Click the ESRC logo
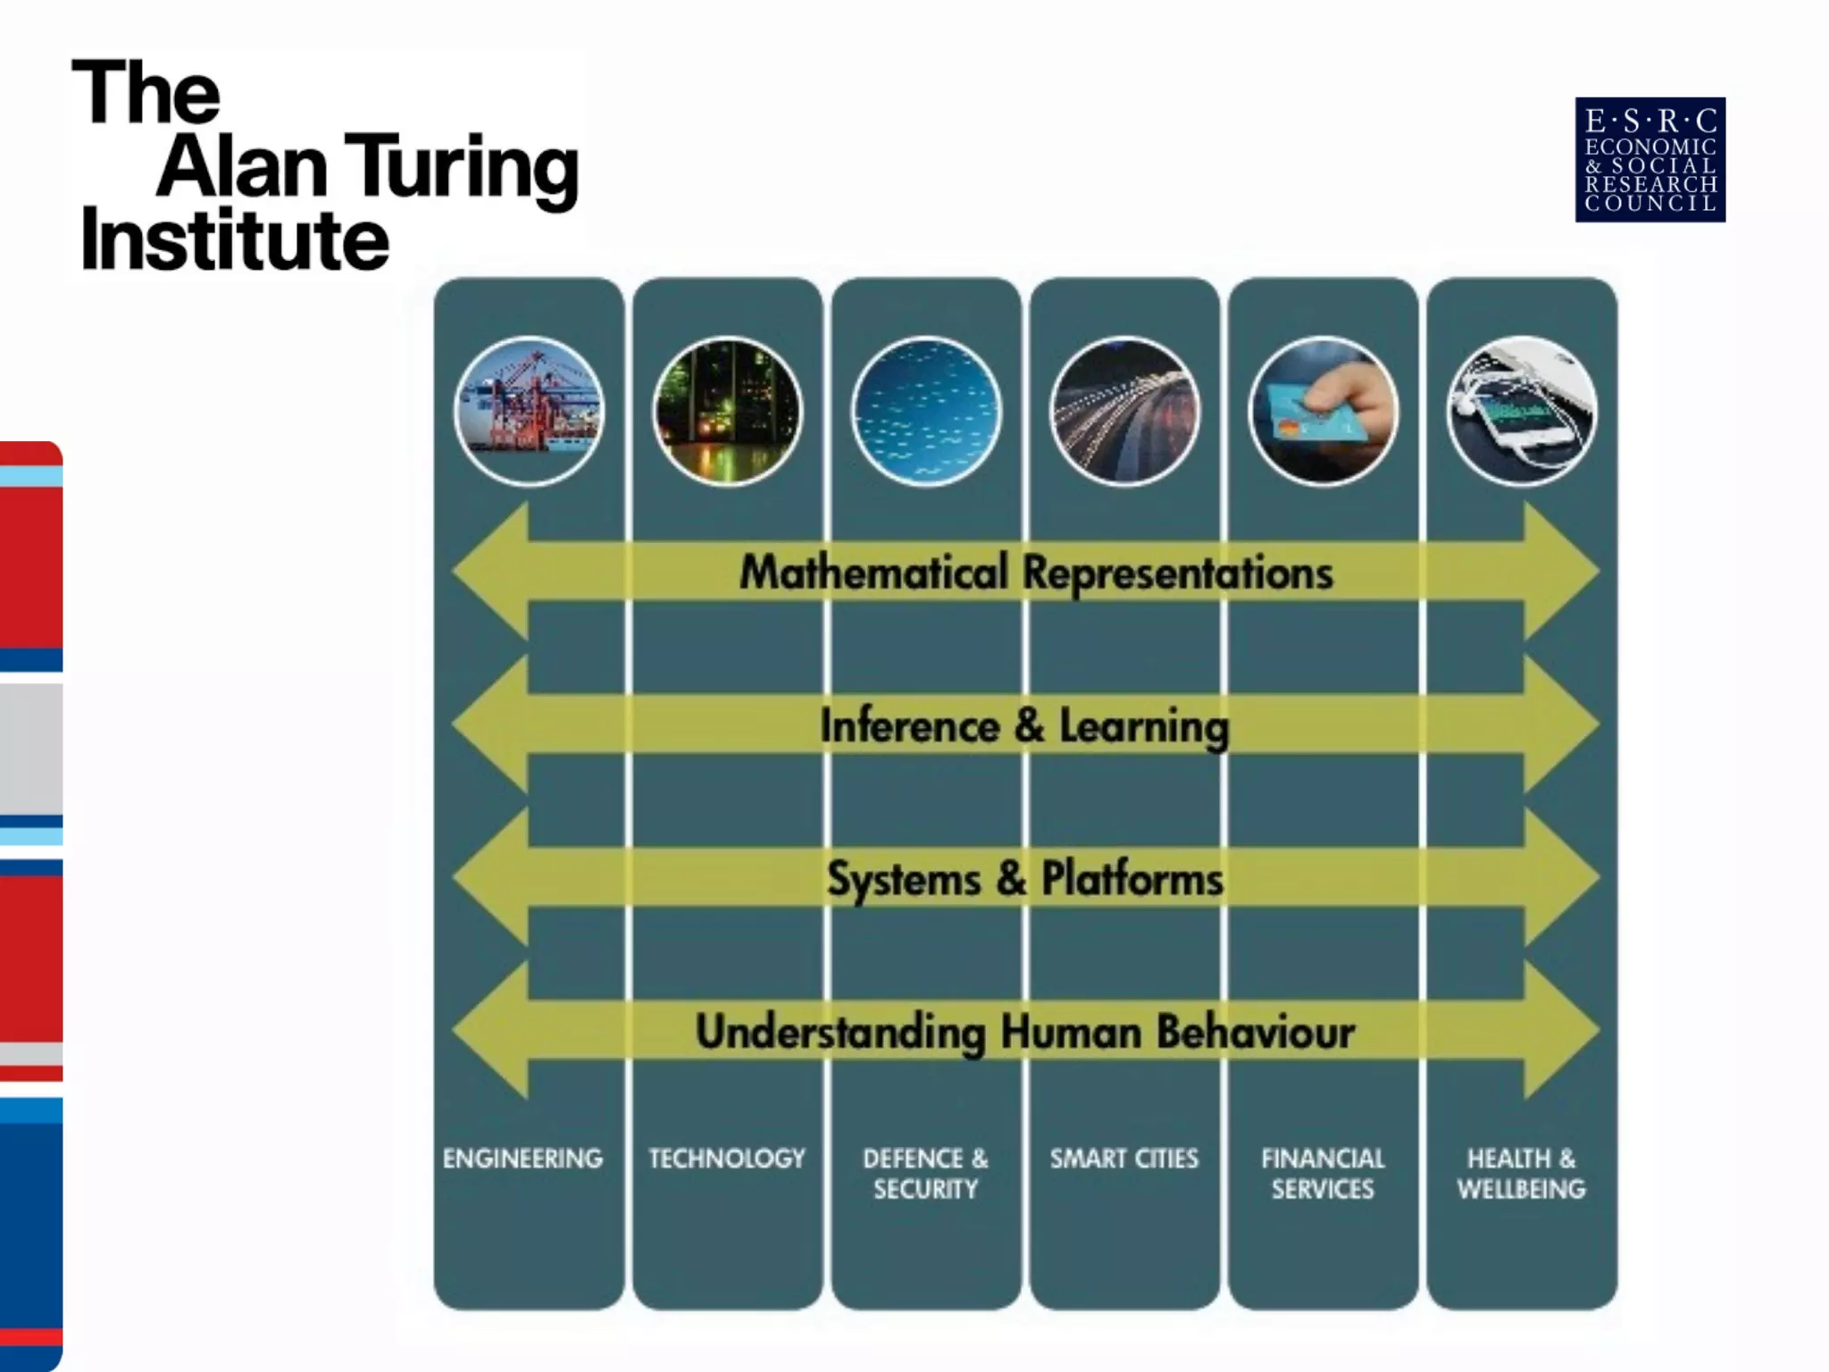(x=1649, y=159)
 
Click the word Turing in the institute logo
(x=467, y=168)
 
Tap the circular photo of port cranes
(x=529, y=411)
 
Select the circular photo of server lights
(x=727, y=411)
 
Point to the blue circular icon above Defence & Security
(x=926, y=411)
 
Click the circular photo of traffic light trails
(x=1124, y=411)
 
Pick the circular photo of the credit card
(x=1323, y=411)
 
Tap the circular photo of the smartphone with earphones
(x=1521, y=411)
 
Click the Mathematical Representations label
(x=1036, y=573)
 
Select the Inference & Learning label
(x=1024, y=725)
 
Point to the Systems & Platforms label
(x=1024, y=878)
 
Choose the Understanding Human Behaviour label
(x=1024, y=1032)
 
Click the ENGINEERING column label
(x=523, y=1159)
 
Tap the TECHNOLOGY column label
(x=727, y=1159)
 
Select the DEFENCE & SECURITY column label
(x=926, y=1174)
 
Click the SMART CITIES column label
(x=1124, y=1159)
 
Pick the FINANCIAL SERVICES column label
(x=1323, y=1174)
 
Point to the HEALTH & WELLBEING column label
(x=1521, y=1174)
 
